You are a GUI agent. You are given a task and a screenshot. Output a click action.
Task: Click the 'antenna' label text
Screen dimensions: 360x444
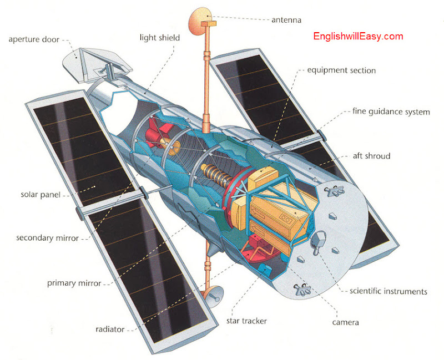pyautogui.click(x=286, y=20)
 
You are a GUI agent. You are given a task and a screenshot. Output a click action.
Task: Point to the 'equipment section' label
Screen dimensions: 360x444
pyautogui.click(x=342, y=70)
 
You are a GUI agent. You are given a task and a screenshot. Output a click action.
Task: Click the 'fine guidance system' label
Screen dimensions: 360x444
pyautogui.click(x=391, y=111)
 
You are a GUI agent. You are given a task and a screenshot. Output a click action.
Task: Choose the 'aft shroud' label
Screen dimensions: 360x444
pyautogui.click(x=371, y=156)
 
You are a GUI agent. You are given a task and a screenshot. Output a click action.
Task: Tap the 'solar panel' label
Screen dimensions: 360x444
pyautogui.click(x=40, y=195)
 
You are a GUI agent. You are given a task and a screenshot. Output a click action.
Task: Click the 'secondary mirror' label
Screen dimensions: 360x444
pyautogui.click(x=47, y=238)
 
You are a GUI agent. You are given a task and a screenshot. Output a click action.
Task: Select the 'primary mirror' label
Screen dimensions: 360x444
pyautogui.click(x=74, y=283)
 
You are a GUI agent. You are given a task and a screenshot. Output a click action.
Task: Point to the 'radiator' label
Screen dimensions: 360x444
pyautogui.click(x=110, y=329)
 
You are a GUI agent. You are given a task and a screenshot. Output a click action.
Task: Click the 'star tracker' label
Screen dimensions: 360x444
pyautogui.click(x=246, y=321)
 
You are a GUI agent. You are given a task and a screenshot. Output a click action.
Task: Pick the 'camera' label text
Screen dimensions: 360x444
pyautogui.click(x=345, y=322)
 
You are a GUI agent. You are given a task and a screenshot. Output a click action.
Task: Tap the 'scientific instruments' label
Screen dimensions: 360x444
pyautogui.click(x=388, y=291)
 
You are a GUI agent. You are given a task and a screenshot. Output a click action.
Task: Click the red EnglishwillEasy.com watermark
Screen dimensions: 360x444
pyautogui.click(x=358, y=37)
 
